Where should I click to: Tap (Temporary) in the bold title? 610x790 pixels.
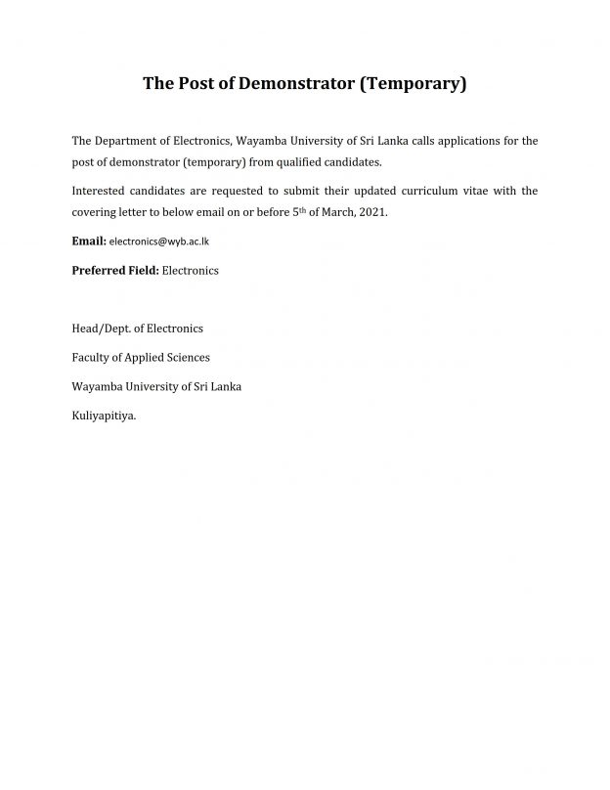pos(414,84)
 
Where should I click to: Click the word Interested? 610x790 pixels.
pos(100,191)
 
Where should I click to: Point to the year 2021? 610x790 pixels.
pos(375,211)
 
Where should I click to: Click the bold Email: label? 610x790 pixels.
pos(89,241)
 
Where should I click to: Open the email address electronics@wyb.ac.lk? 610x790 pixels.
pos(159,241)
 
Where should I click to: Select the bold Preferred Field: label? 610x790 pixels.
pos(115,270)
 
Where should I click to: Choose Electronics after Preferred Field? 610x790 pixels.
pos(190,270)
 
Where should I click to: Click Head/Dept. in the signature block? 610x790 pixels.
pos(100,329)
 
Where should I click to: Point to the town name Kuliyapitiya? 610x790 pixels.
pos(104,416)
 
